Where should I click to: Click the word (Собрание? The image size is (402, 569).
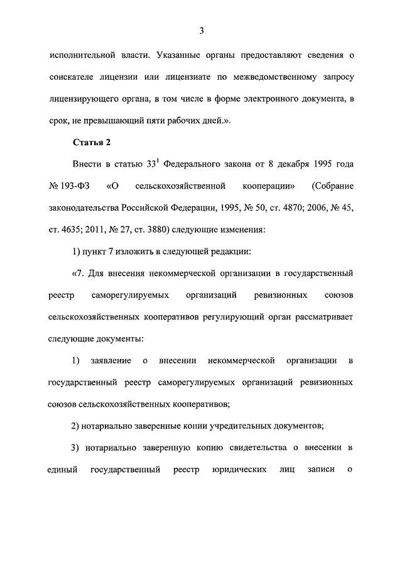tap(332, 187)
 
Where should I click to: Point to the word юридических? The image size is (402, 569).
tap(235, 470)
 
